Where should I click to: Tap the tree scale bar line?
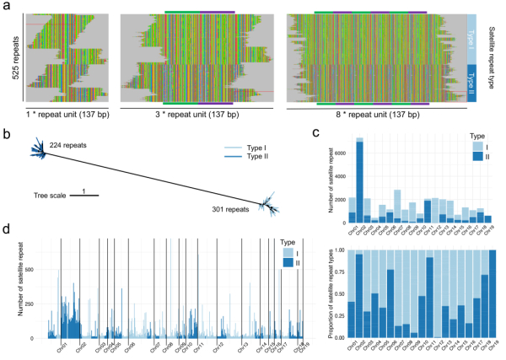tap(84, 196)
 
